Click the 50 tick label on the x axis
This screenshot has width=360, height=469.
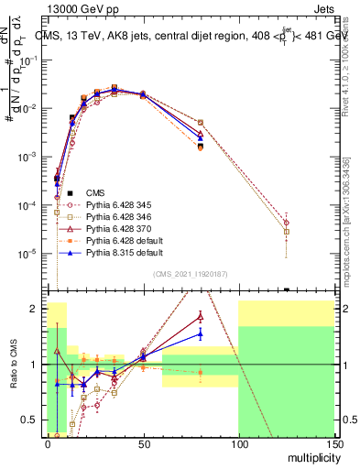[x=143, y=446]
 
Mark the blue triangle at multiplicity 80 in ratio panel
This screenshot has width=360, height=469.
[x=200, y=334]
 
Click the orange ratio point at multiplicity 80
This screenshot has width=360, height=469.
[x=200, y=372]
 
